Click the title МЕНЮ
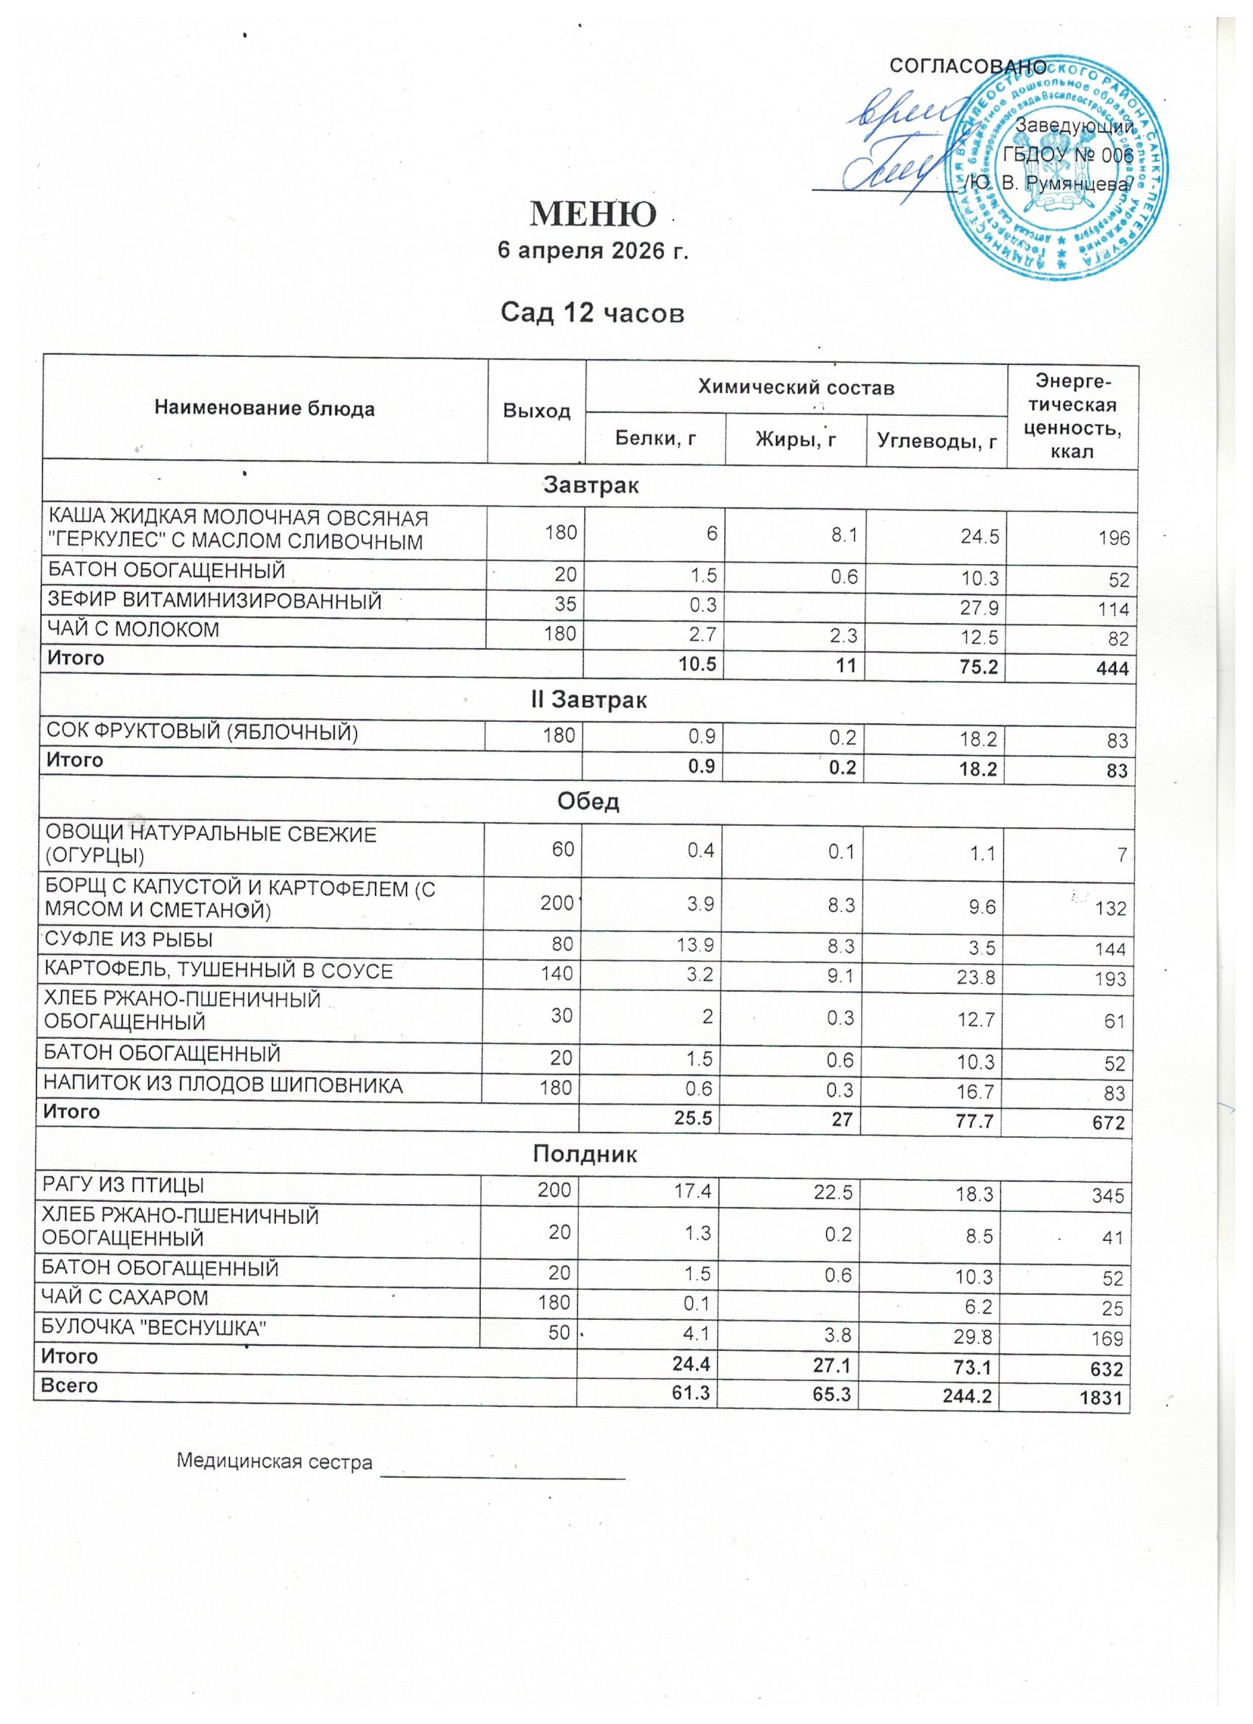tap(592, 215)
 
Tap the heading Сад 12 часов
tap(592, 313)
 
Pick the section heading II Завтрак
tap(589, 699)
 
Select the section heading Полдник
tap(584, 1155)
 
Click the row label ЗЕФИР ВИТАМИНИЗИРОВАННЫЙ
tap(215, 602)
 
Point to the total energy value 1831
tap(1103, 1397)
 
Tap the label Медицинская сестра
tap(275, 1461)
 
